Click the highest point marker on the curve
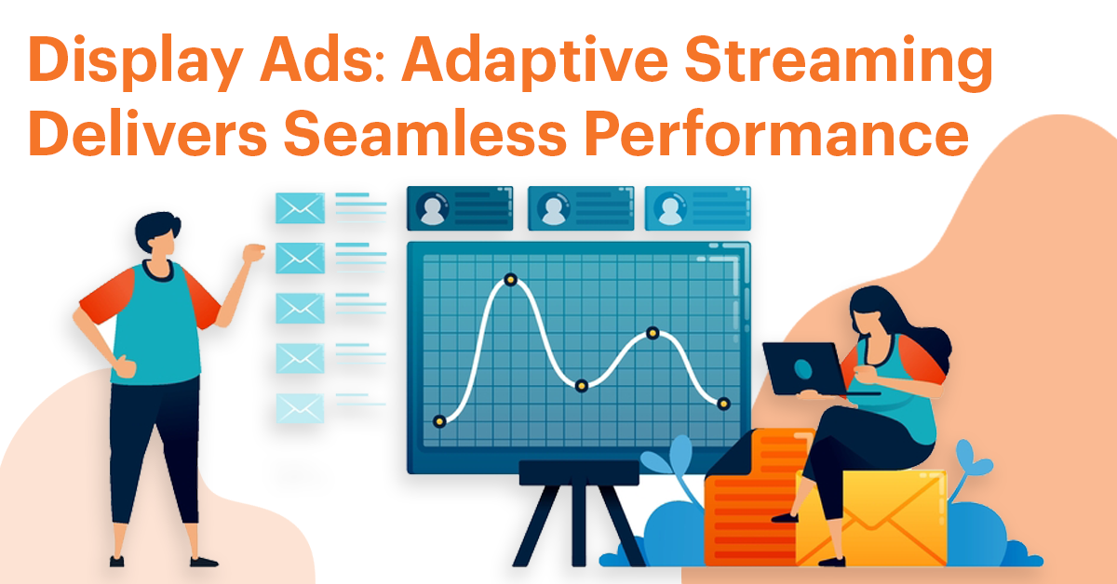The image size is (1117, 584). [509, 279]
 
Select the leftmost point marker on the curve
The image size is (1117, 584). [440, 421]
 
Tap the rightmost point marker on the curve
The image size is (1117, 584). [723, 403]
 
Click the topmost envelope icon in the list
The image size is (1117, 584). [300, 208]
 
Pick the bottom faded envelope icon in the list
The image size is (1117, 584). [300, 407]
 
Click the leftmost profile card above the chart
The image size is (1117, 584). [460, 208]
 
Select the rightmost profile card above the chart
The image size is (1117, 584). [697, 208]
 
